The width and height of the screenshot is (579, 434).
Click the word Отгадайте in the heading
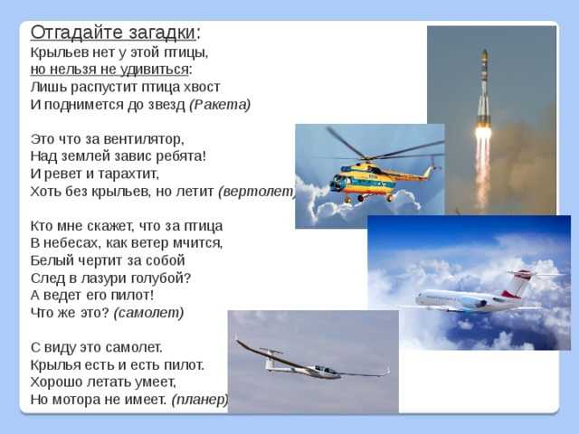77,33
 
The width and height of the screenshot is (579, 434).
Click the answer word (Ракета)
220,105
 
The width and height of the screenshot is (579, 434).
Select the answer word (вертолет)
257,191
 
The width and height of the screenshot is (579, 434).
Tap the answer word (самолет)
148,313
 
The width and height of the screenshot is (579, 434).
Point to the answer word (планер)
200,400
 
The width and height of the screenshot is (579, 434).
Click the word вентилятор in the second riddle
144,139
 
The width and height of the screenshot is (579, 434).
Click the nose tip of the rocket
485,51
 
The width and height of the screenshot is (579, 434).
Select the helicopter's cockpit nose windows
338,182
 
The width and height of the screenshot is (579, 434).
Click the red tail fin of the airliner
518,283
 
